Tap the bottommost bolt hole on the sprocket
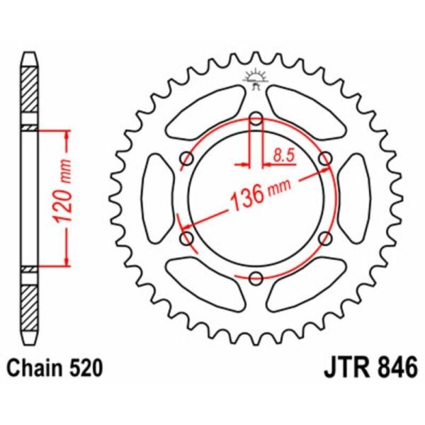256,277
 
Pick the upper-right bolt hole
324,158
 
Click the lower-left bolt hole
187,238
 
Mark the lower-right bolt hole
324,238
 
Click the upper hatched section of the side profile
29,95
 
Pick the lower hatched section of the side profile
29,300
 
